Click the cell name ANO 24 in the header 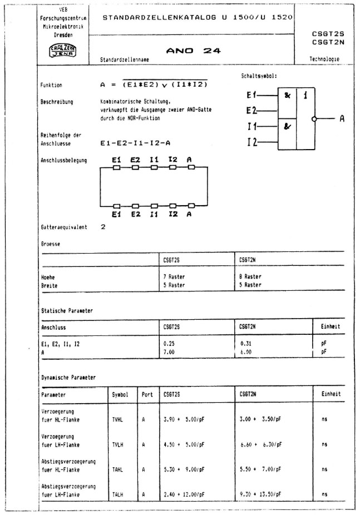coord(193,51)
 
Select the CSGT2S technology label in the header coord(327,33)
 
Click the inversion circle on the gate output coord(314,119)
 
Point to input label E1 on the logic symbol coord(252,95)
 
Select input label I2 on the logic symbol coord(253,142)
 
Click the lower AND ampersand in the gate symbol coord(287,126)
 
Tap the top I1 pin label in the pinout coord(154,160)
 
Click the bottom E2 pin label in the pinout coord(135,214)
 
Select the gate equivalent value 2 coord(103,227)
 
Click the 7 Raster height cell coord(174,276)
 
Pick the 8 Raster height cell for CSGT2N coord(249,276)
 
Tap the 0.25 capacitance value coord(169,344)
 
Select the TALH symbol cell coord(118,494)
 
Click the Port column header coord(147,394)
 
